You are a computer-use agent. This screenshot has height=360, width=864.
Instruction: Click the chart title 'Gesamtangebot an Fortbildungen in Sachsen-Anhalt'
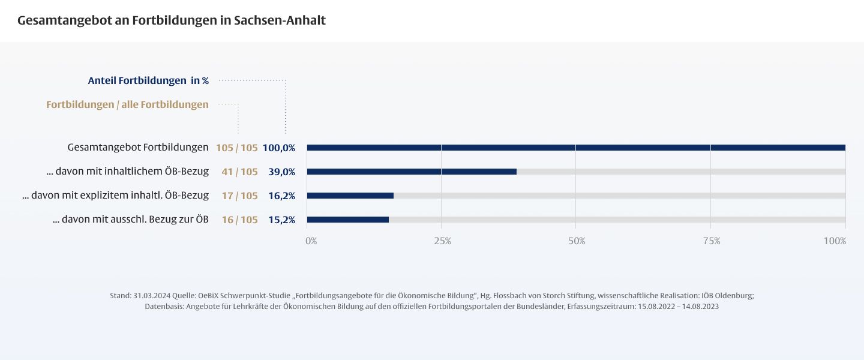172,20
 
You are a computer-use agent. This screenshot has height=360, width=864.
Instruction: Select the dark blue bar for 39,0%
412,172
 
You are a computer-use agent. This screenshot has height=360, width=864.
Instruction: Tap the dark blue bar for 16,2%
350,196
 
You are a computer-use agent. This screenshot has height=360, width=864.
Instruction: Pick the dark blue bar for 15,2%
348,220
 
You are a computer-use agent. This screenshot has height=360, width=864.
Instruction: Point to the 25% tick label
442,241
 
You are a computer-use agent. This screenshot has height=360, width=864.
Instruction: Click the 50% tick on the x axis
577,241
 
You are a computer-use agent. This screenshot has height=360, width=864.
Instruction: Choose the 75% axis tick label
712,241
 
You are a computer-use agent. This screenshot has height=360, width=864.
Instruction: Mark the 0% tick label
311,241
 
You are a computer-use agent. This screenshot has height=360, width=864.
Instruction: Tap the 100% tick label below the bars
835,241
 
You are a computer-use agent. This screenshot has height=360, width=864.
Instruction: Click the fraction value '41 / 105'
239,172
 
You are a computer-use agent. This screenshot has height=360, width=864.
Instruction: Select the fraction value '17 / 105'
239,196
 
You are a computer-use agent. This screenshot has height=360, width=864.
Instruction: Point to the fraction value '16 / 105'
239,220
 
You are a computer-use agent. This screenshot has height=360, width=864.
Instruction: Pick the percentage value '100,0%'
279,148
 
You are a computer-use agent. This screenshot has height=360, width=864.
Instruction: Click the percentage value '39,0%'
281,172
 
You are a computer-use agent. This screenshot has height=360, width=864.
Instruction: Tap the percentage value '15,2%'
281,220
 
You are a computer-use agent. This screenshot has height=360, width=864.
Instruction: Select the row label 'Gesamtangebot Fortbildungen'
138,147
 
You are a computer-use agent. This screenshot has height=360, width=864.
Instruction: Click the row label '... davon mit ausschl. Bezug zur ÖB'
131,219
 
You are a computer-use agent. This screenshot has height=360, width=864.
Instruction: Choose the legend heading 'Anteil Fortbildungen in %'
148,80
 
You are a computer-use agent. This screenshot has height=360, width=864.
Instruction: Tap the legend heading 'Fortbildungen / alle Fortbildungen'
127,104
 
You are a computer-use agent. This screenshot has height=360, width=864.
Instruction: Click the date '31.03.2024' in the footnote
152,296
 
